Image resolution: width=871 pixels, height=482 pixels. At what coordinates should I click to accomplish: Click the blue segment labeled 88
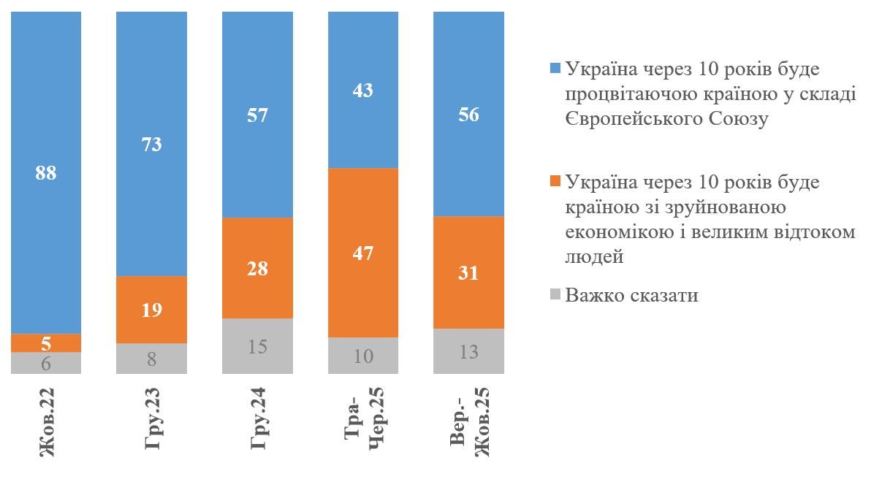[x=46, y=173]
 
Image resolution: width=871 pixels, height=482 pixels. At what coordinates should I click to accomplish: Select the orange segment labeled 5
[x=46, y=343]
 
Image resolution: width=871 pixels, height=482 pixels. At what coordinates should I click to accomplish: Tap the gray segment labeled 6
[x=46, y=363]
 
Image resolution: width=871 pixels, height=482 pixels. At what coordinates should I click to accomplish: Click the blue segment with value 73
[x=152, y=144]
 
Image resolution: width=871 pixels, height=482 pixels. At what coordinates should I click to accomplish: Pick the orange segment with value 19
[x=152, y=310]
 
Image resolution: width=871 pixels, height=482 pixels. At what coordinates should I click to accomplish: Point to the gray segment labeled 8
[x=152, y=359]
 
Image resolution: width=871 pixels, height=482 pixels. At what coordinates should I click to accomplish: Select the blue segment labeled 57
[x=257, y=115]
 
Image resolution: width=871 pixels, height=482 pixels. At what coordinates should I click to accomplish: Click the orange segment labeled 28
[x=257, y=268]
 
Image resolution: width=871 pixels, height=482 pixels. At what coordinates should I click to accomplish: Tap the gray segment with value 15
[x=257, y=346]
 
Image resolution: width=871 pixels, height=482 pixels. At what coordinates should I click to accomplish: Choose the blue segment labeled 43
[x=363, y=90]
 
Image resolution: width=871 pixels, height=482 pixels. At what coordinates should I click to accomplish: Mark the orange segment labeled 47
[x=363, y=253]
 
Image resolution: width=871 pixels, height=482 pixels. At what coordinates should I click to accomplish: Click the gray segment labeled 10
[x=363, y=356]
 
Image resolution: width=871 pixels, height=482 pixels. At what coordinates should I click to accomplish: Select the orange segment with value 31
[x=468, y=272]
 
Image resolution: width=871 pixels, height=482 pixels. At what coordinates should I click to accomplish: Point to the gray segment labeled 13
[x=468, y=351]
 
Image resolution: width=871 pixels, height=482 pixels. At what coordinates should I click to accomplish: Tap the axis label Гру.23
[x=153, y=424]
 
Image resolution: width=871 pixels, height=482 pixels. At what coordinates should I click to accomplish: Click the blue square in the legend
[x=555, y=69]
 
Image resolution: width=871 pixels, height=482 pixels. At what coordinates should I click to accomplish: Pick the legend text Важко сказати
[x=631, y=296]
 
